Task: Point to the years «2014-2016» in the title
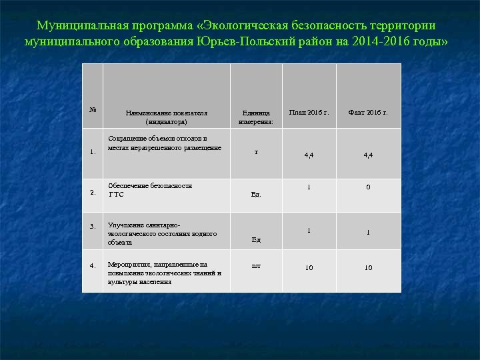point(385,41)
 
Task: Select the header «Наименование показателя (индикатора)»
point(167,117)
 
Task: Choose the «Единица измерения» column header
point(256,117)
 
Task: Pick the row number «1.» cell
point(93,151)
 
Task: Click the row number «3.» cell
point(93,227)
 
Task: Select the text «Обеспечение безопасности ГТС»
point(150,190)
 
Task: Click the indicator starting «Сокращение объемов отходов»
point(165,143)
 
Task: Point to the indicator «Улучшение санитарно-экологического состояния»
point(162,234)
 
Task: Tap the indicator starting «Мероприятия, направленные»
point(164,273)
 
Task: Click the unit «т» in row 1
point(256,152)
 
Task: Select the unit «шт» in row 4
point(256,265)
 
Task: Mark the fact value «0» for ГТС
point(368,187)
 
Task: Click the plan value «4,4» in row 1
point(309,155)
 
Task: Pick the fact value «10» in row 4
point(368,268)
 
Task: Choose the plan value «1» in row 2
point(309,186)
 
